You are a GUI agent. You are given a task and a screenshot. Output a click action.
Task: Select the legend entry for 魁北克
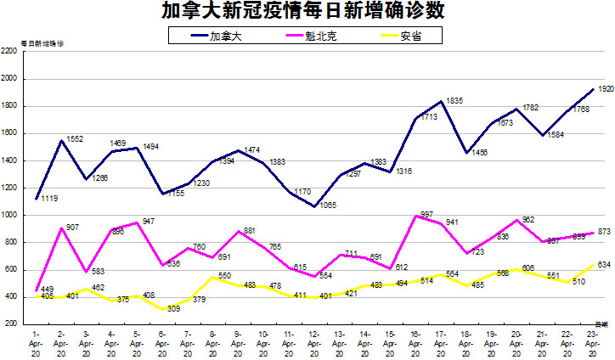[x=317, y=37]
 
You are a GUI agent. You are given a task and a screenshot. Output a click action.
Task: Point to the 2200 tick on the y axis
[x=10, y=52]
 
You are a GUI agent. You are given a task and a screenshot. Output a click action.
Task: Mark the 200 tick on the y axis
[x=12, y=323]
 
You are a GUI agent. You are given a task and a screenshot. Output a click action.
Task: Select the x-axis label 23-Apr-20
[x=592, y=341]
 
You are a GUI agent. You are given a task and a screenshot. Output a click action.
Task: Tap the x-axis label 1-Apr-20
[x=36, y=341]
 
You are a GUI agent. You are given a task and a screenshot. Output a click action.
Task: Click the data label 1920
[x=606, y=88]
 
